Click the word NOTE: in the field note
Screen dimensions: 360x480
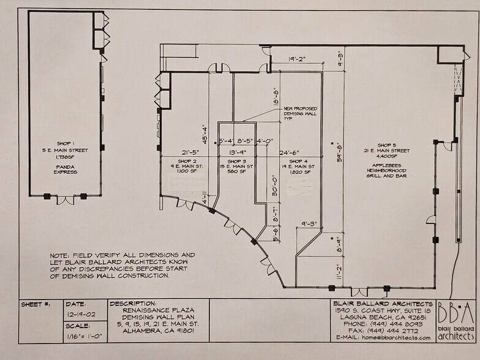coord(60,255)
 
